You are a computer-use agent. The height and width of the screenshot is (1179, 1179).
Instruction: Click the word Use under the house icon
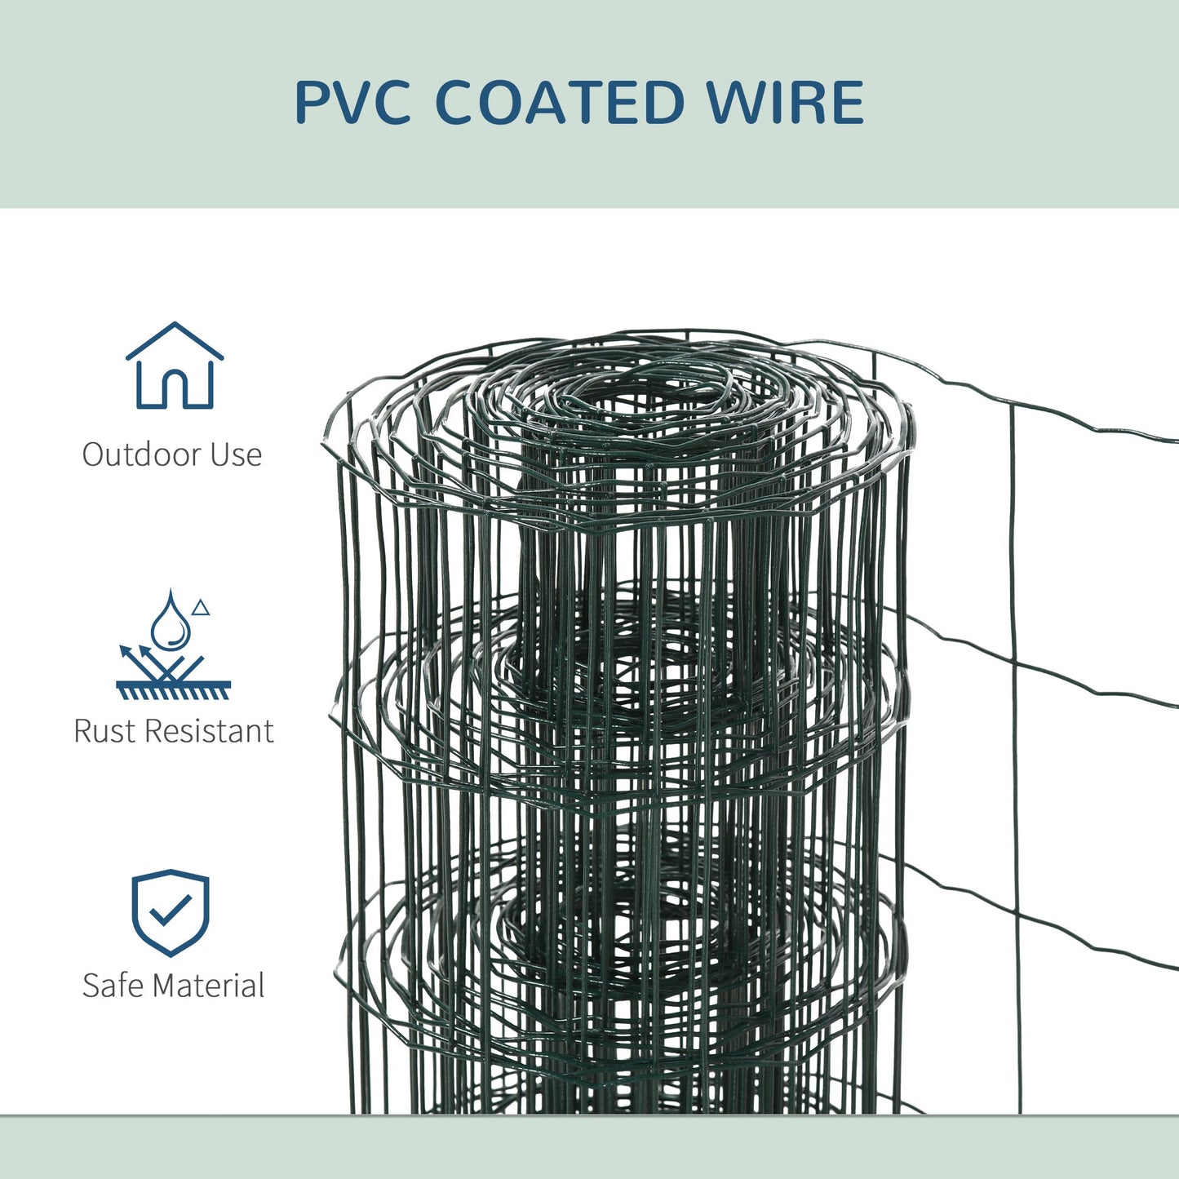236,454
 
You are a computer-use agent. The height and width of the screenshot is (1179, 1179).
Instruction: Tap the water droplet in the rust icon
171,622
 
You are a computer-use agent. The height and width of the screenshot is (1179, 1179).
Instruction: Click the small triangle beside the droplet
201,608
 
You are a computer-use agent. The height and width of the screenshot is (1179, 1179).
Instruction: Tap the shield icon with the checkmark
171,912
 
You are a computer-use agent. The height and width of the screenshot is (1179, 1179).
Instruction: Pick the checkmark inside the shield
171,908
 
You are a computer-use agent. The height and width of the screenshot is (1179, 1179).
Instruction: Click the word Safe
113,986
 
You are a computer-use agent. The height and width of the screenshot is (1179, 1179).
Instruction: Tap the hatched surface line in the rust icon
173,690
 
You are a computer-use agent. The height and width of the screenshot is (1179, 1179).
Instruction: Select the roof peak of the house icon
174,326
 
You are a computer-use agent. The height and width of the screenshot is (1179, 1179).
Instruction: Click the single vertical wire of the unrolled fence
1015,734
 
